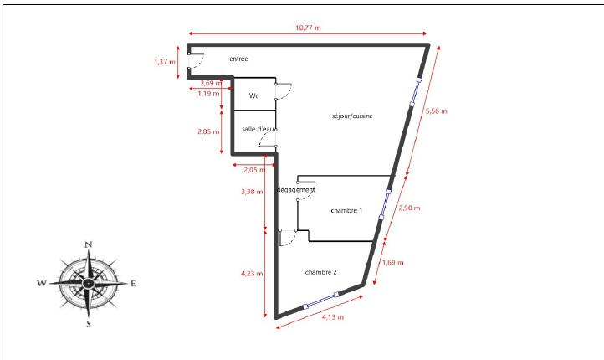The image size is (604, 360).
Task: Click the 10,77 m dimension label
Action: pos(308,28)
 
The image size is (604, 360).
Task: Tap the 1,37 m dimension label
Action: pos(165,61)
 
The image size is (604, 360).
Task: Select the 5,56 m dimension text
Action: pos(437,111)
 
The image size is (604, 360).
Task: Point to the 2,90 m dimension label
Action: pos(411,208)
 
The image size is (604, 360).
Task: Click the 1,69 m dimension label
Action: pos(393,263)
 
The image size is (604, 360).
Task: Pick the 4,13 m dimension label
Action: pos(332,317)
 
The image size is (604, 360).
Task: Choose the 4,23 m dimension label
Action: pos(252,273)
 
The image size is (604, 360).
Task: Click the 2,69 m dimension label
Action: pos(211,83)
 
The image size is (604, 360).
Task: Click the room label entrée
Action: pos(238,59)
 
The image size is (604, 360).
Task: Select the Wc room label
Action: pos(253,97)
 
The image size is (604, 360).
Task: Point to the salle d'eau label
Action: pos(260,129)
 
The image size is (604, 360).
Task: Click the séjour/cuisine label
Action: pos(351,116)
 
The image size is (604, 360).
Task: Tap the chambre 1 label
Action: pos(346,210)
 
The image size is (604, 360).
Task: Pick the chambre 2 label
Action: pos(321,272)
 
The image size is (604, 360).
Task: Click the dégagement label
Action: pos(295,190)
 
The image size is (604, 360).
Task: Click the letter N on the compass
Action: pos(88,245)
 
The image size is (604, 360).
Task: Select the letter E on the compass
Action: pos(133,284)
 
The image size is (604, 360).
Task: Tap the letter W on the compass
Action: pos(41,284)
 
